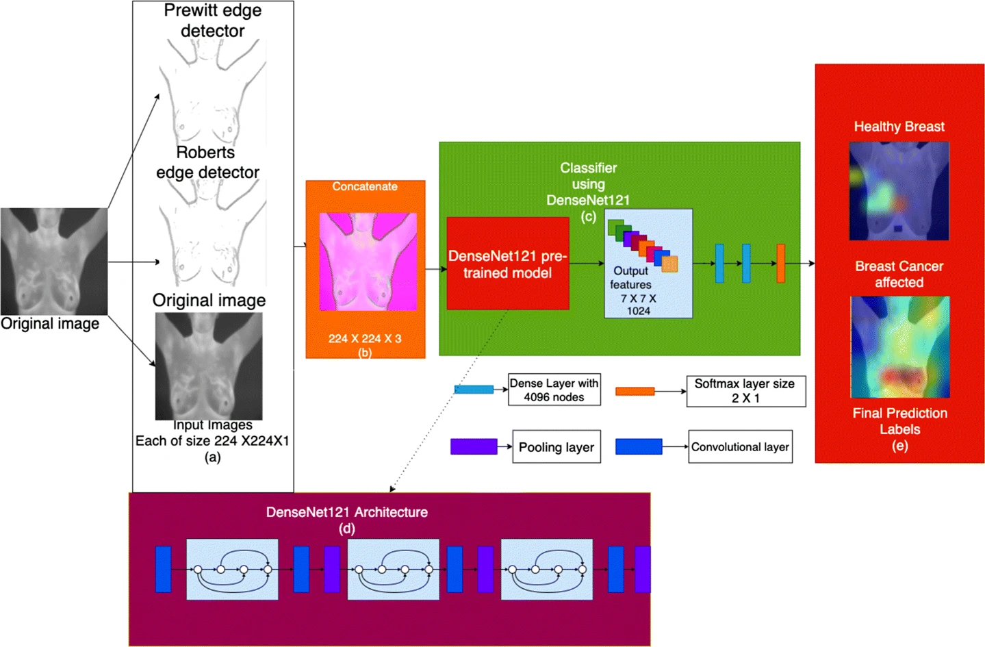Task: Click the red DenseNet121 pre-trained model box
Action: tap(507, 264)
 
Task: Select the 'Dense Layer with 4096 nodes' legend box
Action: tap(554, 390)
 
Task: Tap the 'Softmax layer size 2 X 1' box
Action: tap(745, 391)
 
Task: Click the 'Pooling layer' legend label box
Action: tap(556, 447)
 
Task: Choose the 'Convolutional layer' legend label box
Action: tap(740, 447)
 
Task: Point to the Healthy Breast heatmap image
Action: tap(899, 191)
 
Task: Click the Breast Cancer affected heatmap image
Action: tap(899, 346)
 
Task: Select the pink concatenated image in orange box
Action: tap(368, 262)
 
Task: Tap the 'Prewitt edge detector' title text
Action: tap(212, 21)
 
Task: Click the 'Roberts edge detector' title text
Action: tap(207, 162)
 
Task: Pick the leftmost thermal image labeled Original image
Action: tap(53, 262)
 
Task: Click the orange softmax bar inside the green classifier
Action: tap(780, 264)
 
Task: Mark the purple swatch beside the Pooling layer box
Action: tap(474, 447)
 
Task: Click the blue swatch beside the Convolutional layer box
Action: tap(638, 447)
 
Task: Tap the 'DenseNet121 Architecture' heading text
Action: tap(346, 512)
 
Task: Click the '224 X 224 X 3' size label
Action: tap(365, 338)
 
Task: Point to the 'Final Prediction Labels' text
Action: tap(899, 421)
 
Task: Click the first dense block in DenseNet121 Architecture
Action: tap(232, 570)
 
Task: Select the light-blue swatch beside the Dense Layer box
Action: tap(474, 390)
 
